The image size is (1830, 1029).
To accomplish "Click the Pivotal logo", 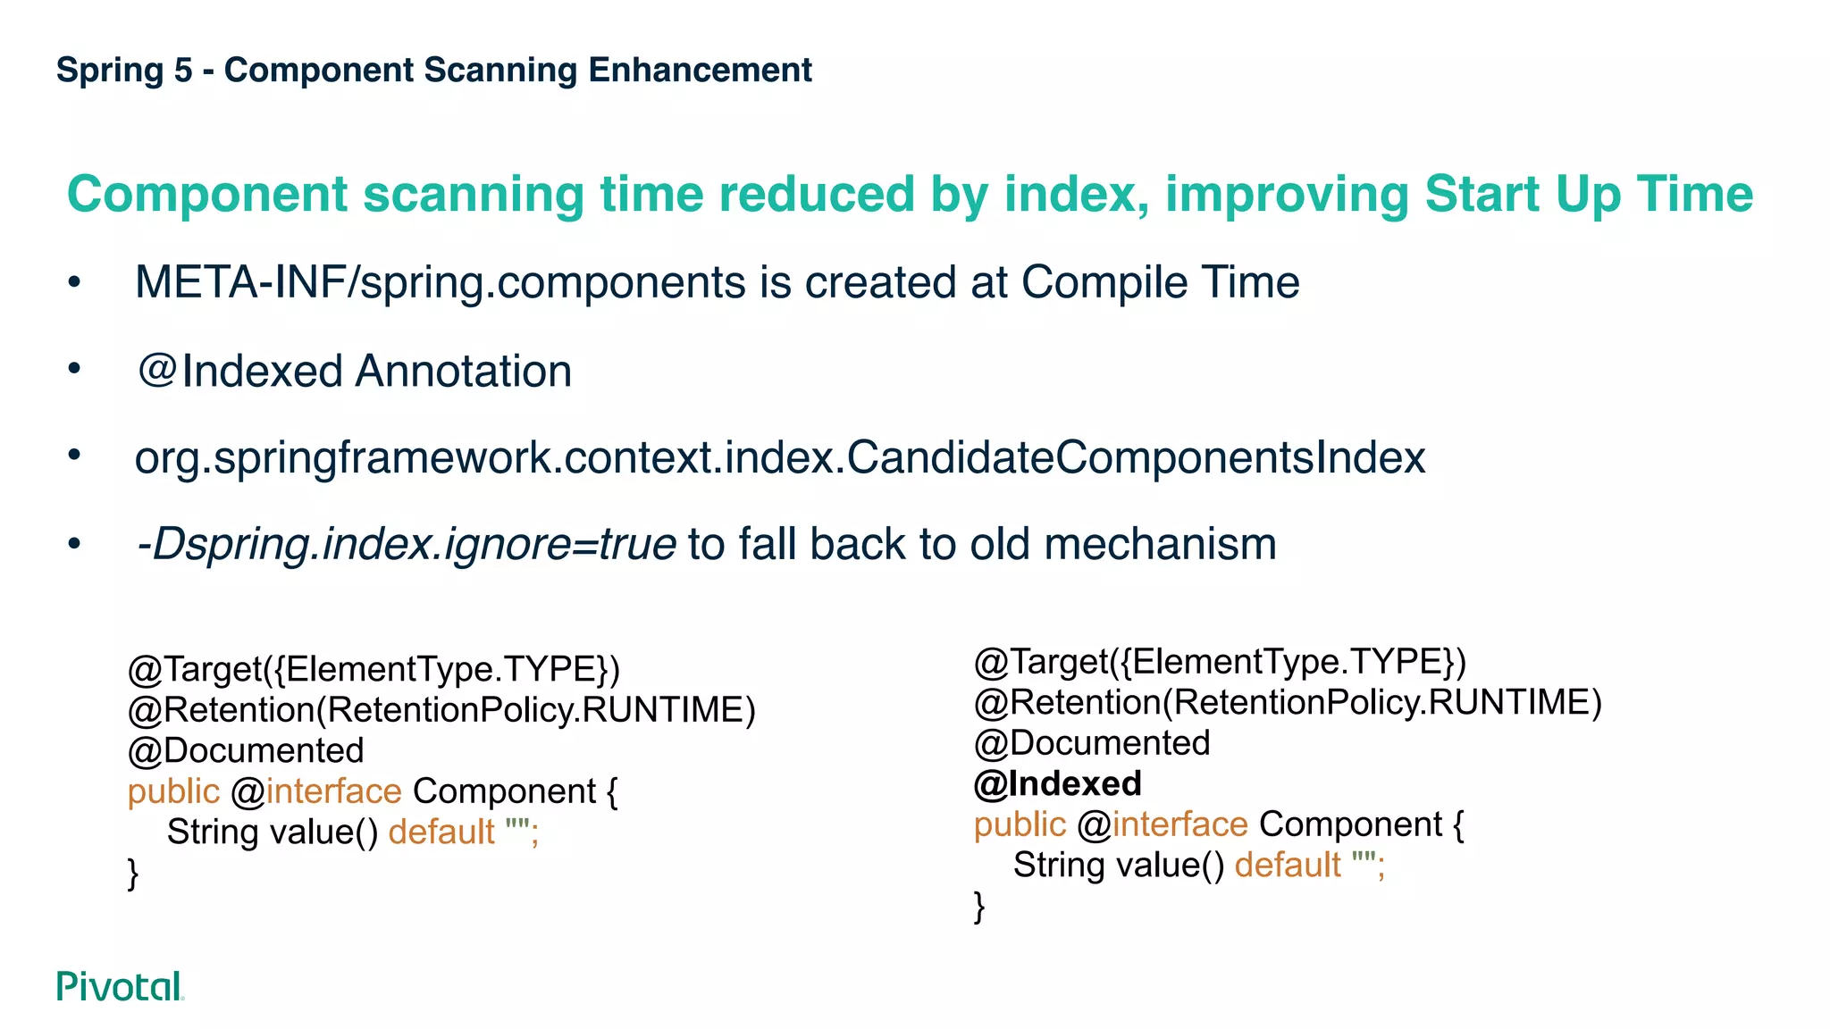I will click(120, 986).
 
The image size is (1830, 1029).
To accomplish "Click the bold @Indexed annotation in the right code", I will click(1057, 783).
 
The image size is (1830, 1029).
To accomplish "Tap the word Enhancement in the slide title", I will click(700, 70).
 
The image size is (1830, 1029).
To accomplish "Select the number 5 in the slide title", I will click(183, 70).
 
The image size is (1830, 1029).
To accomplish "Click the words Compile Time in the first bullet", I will click(1160, 282).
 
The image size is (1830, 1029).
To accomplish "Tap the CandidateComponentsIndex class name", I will click(1136, 457).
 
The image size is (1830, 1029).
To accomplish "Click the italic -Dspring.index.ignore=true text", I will click(406, 544).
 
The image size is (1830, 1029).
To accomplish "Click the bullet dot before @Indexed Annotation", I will click(74, 368).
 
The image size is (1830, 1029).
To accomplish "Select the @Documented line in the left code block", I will click(246, 750).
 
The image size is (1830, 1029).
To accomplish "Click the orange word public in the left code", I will click(173, 791).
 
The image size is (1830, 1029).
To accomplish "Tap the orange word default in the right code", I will click(1287, 865).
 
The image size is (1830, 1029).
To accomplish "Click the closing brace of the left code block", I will click(133, 873).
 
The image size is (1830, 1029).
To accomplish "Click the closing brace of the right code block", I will click(979, 906).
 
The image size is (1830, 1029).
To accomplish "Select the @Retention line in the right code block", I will click(1288, 702).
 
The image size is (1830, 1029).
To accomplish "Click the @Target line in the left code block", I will click(374, 669).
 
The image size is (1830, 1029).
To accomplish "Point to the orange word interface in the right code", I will click(1179, 824).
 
